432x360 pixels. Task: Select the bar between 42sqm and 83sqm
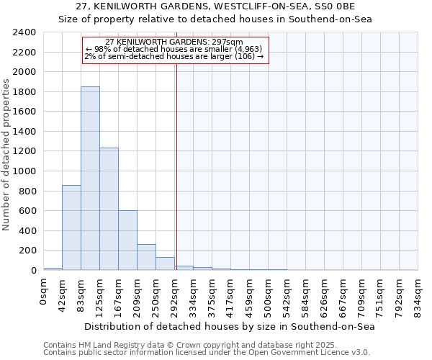[71, 228]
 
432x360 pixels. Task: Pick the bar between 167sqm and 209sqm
[127, 240]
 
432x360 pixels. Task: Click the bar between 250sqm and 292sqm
[165, 264]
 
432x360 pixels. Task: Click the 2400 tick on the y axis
[24, 32]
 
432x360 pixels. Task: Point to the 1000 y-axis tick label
[24, 171]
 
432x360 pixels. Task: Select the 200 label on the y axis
[27, 251]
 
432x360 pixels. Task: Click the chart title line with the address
[215, 6]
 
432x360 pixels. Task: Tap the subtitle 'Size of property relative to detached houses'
[215, 19]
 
